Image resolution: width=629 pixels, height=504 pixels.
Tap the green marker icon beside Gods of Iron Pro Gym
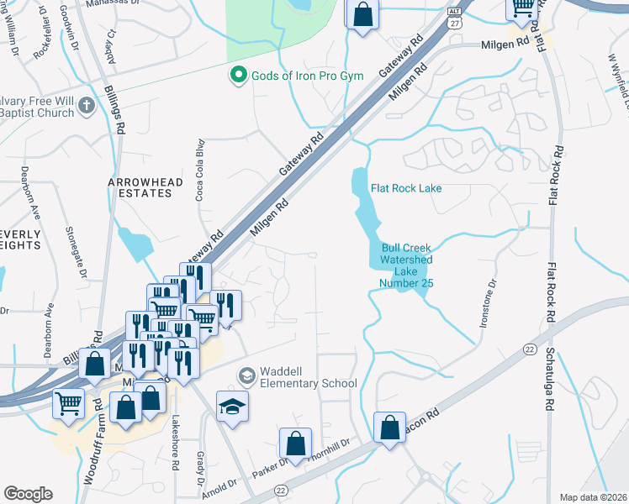point(238,76)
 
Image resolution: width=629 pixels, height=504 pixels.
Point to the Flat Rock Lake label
point(406,188)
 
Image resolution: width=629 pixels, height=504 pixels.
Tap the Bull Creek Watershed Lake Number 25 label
point(406,265)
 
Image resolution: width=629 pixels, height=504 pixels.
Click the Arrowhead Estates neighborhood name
point(140,186)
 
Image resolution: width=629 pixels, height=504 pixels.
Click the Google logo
point(28,494)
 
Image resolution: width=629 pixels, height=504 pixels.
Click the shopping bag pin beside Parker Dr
point(295,443)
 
